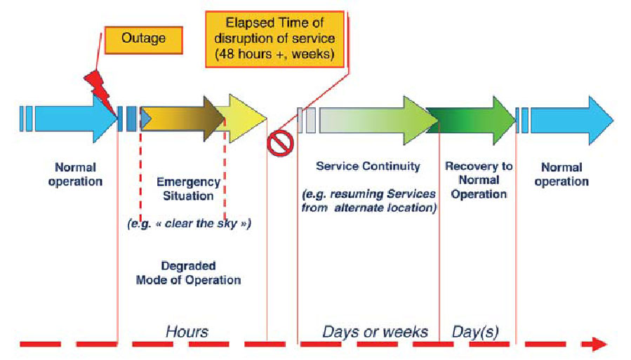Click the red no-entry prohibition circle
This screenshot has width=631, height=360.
279,143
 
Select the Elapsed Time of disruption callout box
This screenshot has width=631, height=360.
274,38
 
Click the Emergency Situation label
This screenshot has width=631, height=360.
188,189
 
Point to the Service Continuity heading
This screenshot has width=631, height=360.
368,166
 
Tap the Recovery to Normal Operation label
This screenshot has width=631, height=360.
479,180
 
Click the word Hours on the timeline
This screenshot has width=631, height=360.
187,330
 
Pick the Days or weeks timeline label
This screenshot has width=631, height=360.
375,330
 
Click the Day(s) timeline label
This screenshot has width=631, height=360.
475,330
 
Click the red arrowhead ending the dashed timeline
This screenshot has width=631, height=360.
598,344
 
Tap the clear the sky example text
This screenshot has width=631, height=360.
189,224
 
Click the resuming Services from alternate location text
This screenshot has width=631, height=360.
369,201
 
